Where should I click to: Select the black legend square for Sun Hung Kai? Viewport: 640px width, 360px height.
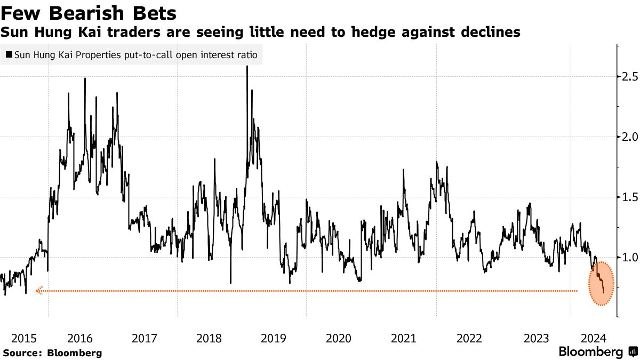click(x=9, y=54)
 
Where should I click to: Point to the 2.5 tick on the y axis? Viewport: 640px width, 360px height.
click(x=628, y=76)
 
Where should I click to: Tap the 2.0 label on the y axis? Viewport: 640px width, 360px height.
click(x=628, y=137)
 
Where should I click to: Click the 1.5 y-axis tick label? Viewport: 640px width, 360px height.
click(x=628, y=197)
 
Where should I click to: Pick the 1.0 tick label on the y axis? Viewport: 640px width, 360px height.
click(x=628, y=257)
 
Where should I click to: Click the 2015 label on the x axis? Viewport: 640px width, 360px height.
click(x=24, y=338)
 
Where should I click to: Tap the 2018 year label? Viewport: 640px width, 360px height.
click(x=209, y=338)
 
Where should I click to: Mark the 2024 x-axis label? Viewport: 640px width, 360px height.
click(x=593, y=338)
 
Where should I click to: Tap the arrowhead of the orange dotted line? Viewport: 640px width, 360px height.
click(x=38, y=291)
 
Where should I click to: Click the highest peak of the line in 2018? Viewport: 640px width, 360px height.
click(x=247, y=67)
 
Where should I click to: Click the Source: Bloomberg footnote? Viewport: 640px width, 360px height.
click(x=52, y=353)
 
